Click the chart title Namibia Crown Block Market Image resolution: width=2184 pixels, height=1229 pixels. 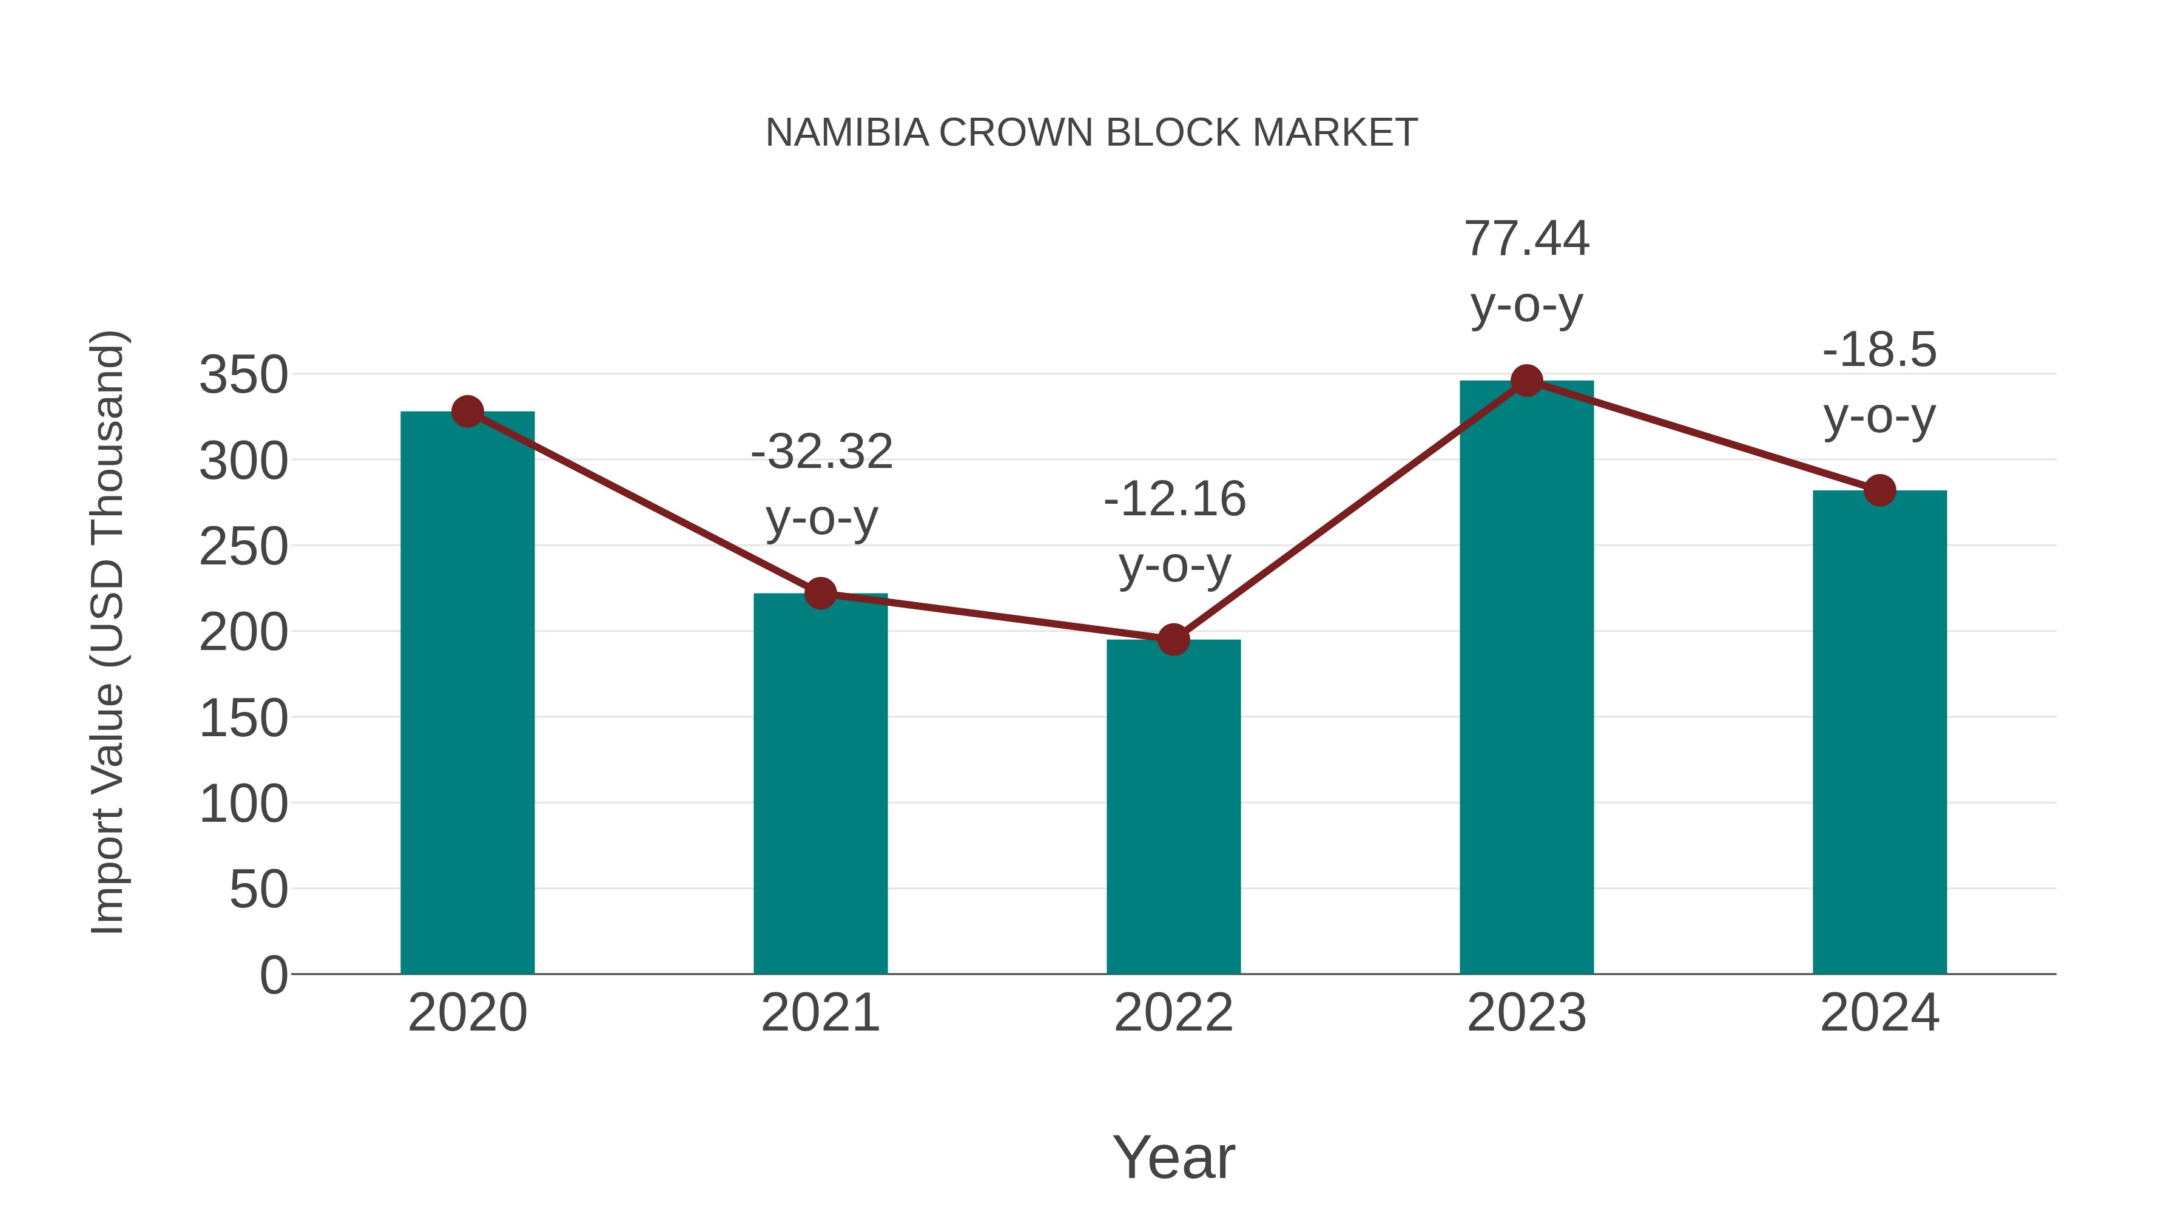(1091, 133)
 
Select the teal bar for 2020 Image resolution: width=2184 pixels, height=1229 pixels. (467, 696)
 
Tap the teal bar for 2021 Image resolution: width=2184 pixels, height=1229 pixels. (820, 785)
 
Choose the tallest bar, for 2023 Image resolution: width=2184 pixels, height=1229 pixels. (1526, 679)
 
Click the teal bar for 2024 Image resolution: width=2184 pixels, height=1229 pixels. (1879, 734)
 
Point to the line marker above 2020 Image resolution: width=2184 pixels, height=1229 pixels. (467, 412)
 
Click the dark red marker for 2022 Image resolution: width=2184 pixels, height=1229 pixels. (1173, 640)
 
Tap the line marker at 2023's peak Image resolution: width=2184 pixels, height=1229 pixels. (1526, 381)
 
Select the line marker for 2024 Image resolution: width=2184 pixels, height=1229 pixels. (1879, 490)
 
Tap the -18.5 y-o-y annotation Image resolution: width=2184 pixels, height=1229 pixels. (1879, 384)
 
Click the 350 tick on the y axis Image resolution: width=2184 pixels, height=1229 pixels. (243, 375)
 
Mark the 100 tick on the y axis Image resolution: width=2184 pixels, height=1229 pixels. (243, 804)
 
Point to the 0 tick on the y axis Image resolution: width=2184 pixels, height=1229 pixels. (273, 975)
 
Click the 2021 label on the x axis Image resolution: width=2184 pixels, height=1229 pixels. (820, 1014)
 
